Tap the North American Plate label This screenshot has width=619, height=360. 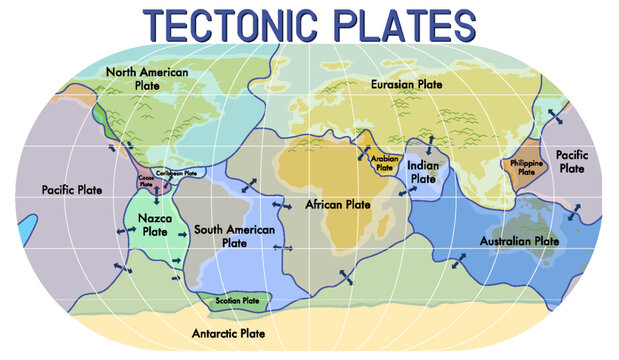pyautogui.click(x=147, y=77)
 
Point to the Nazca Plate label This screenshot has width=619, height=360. pyautogui.click(x=155, y=224)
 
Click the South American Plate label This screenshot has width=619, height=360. pyautogui.click(x=234, y=235)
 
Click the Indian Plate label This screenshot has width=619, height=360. pyautogui.click(x=424, y=172)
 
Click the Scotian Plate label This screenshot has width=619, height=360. pyautogui.click(x=238, y=300)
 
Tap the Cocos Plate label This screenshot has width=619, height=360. pyautogui.click(x=147, y=181)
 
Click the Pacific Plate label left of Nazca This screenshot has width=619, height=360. pyautogui.click(x=71, y=190)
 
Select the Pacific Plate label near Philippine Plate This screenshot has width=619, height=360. pyautogui.click(x=572, y=162)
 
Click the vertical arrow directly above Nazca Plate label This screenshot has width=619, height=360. pyautogui.click(x=156, y=199)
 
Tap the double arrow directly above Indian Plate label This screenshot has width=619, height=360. pyautogui.click(x=429, y=142)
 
